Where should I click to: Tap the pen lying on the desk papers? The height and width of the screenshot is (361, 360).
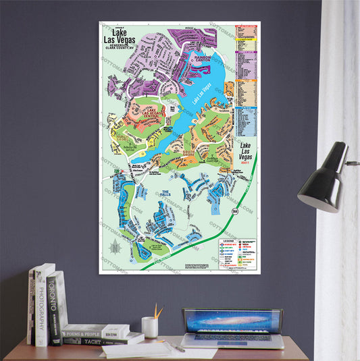[x=177, y=346]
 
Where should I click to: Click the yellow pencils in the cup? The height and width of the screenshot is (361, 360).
[x=157, y=312]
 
